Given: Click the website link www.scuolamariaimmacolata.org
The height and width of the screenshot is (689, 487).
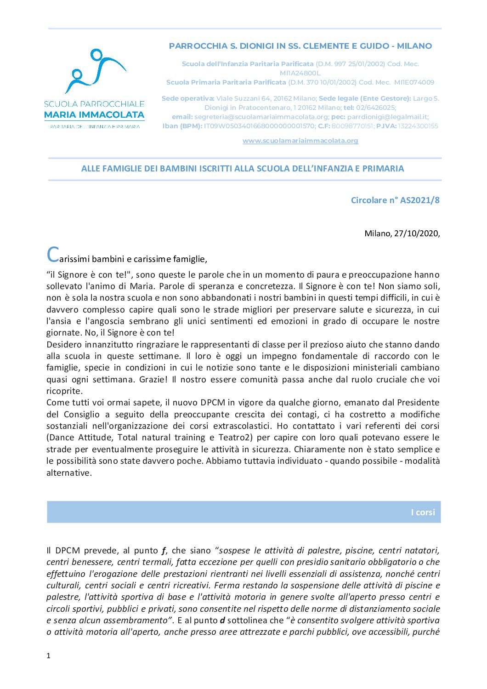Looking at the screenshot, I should click(300, 141).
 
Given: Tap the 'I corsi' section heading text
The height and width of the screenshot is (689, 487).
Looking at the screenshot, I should click(423, 512).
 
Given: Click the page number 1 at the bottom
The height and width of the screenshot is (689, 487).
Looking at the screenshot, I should click(48, 655).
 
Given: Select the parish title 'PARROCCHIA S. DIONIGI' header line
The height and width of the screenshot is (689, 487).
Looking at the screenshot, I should click(300, 46).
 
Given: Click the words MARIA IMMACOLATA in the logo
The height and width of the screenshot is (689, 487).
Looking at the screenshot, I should click(94, 115).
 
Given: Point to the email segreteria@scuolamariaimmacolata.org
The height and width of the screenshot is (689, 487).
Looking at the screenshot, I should click(261, 117).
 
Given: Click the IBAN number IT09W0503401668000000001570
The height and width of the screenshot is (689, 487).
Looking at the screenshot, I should click(260, 126).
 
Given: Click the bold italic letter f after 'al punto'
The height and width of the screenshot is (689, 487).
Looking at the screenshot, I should click(163, 550).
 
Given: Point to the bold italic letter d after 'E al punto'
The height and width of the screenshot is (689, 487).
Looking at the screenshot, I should click(222, 620).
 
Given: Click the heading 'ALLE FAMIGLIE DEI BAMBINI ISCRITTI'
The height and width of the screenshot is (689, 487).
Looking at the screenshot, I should click(243, 169).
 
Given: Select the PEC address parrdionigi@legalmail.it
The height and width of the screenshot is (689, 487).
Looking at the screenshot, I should click(387, 117).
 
